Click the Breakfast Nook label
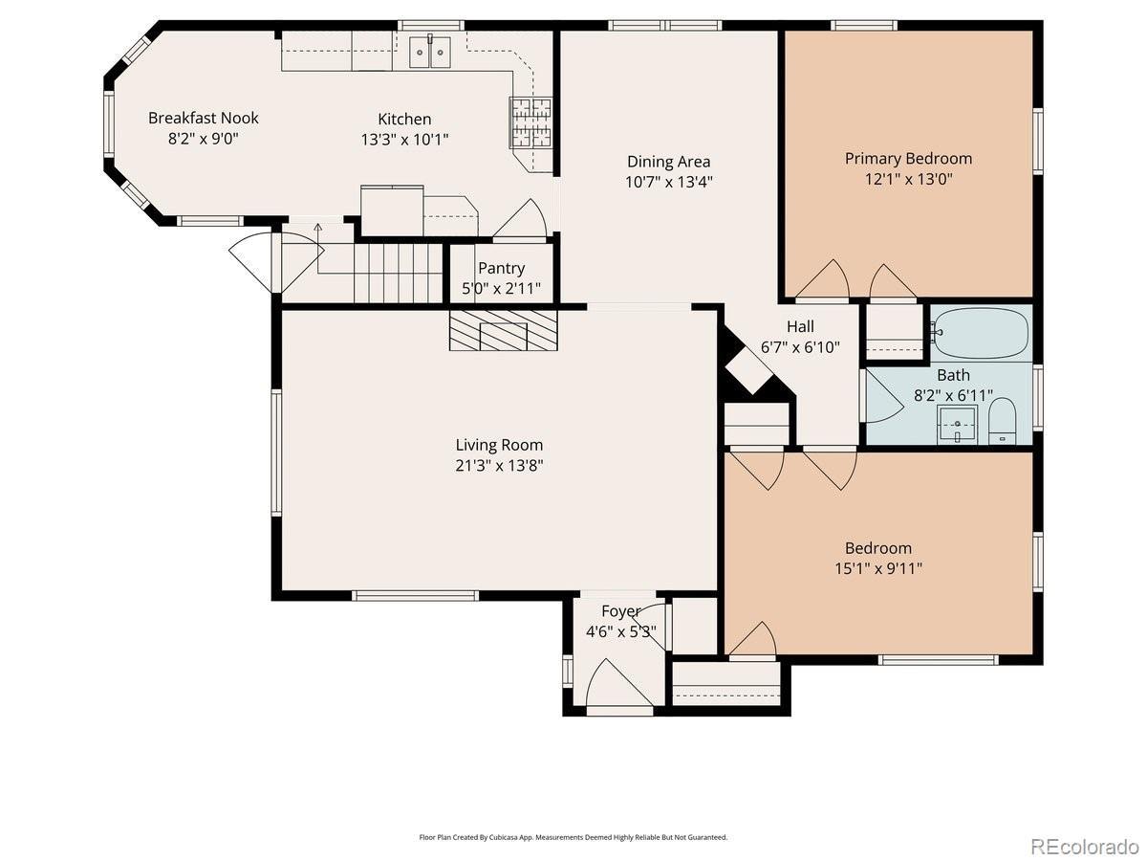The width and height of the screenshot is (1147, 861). [x=204, y=118]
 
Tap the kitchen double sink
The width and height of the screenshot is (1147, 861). [x=429, y=52]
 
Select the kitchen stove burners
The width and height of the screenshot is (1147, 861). [x=530, y=122]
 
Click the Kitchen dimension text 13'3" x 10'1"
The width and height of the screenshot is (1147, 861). [x=404, y=140]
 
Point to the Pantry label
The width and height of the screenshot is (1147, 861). [x=501, y=268]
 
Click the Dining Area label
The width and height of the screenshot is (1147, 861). [x=668, y=162]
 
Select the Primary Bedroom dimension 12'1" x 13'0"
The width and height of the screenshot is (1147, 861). [x=909, y=179]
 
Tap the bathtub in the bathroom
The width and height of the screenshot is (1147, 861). [x=982, y=333]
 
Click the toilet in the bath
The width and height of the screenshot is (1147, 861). [x=1003, y=421]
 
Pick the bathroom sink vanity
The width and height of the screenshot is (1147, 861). [x=957, y=424]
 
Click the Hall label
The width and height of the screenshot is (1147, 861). [x=800, y=327]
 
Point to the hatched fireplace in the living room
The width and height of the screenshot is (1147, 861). [x=503, y=330]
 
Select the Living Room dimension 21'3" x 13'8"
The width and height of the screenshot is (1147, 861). [x=499, y=465]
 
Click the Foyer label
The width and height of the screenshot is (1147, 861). [x=620, y=611]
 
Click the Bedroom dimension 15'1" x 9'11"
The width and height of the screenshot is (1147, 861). [x=878, y=568]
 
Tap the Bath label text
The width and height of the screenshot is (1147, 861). [x=953, y=375]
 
